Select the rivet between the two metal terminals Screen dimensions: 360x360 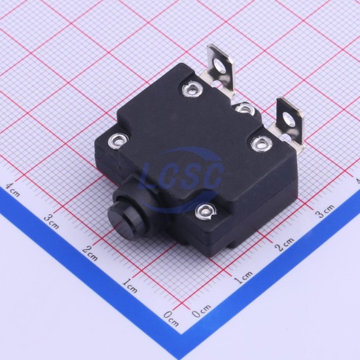click(245, 109)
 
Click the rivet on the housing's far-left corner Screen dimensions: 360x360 click(118, 139)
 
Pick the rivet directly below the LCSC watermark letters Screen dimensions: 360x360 click(206, 212)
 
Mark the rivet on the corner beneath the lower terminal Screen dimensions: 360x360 click(262, 144)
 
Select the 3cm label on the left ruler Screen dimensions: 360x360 click(52, 221)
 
